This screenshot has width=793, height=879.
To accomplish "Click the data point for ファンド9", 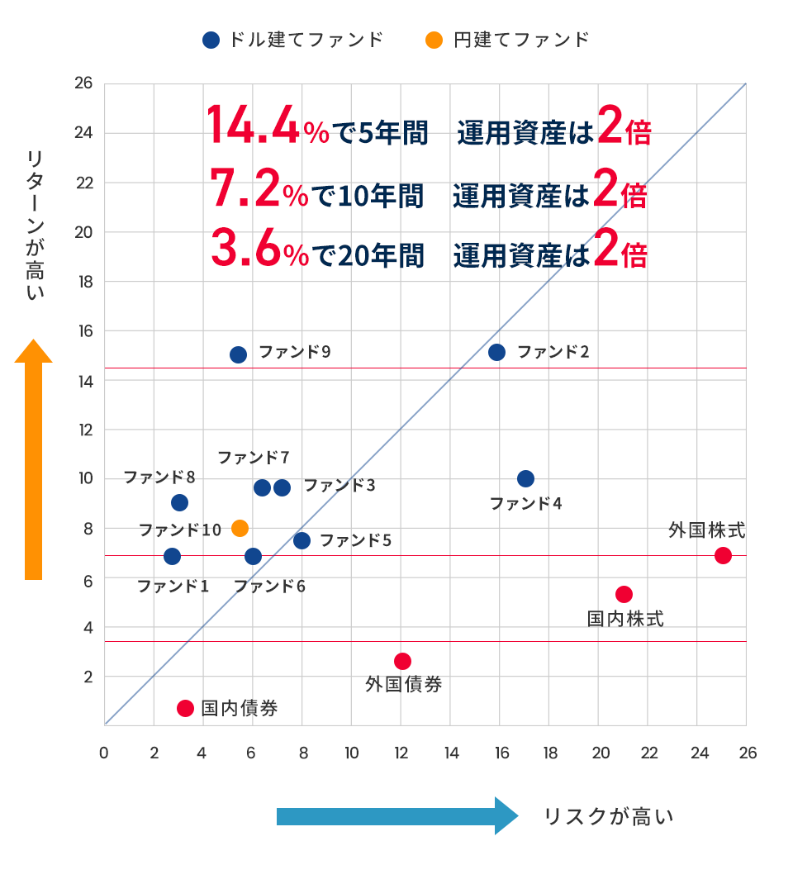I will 238,354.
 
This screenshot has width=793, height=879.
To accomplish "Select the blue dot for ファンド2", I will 496,352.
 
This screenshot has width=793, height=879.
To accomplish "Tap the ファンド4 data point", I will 525,478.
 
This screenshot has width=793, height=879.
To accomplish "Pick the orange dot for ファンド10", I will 240,528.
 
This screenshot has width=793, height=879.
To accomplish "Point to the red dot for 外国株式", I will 723,555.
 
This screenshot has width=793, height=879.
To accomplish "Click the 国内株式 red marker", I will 624,594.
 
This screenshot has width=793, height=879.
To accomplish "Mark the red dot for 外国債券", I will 402,661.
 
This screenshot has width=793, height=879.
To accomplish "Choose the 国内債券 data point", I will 185,708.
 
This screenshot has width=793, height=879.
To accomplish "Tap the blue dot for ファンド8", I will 179,502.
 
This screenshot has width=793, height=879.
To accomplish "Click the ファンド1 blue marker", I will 172,556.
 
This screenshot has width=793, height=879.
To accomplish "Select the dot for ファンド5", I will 302,540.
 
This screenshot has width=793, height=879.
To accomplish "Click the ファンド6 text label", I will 269,587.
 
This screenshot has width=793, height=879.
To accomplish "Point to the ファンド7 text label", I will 253,457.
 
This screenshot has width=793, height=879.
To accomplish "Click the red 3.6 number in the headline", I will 245,247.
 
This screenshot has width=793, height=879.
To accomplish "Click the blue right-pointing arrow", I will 396,816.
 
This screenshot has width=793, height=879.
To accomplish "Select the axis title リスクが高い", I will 608,817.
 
